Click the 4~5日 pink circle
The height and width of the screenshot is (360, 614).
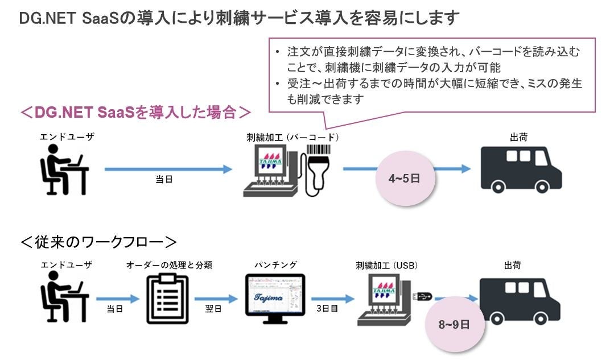tap(404, 179)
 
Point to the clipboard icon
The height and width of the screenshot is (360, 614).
tap(167, 297)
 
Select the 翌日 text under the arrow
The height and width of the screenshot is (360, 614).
tap(213, 309)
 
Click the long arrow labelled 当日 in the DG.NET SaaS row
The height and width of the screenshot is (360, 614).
tap(168, 169)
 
